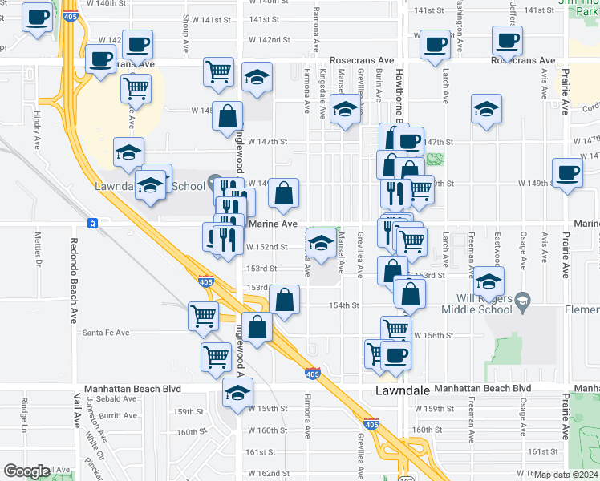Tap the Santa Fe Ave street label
coord(106,333)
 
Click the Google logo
coord(26,471)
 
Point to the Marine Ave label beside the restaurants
coord(274,224)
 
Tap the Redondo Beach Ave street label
coord(73,264)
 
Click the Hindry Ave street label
coord(37,131)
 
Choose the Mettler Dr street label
coord(38,249)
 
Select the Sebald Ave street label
coord(118,398)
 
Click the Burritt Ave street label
coord(118,415)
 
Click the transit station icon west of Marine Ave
coord(93,222)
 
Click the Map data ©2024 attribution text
coord(566,475)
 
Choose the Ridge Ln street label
coord(25,414)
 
